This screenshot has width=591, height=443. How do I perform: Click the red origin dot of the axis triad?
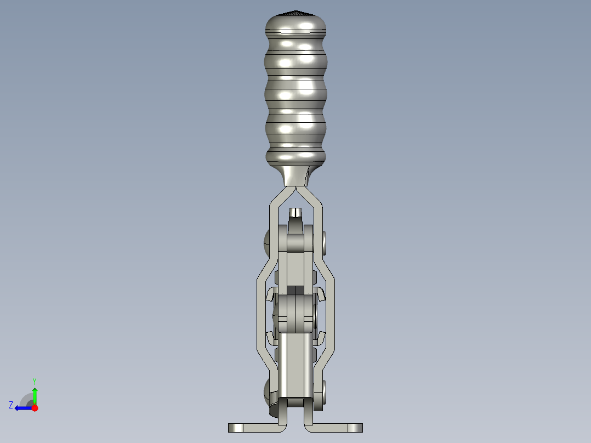35,408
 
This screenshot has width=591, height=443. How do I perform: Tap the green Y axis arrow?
35,394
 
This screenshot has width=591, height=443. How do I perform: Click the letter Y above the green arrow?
34,380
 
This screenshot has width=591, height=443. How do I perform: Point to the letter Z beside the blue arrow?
11,405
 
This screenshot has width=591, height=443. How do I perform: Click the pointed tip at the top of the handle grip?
296,12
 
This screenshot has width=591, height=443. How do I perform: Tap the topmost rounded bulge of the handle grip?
296,25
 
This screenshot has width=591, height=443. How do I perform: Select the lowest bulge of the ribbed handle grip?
296,156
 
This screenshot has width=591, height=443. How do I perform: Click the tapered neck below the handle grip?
296,176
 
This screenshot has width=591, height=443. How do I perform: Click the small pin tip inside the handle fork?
295,212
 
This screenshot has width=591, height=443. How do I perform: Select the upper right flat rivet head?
325,243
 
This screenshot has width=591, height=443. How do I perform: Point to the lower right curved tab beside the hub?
322,336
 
